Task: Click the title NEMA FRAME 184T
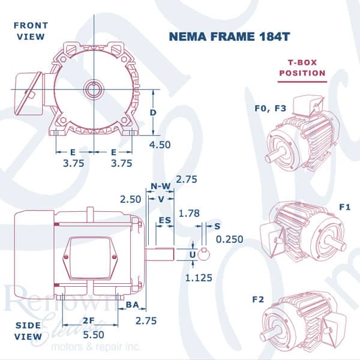[229, 37]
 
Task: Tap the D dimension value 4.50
[160, 145]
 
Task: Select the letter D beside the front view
[153, 113]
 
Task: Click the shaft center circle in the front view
[94, 89]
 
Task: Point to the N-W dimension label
[161, 186]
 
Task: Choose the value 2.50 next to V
[130, 199]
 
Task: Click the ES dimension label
[165, 220]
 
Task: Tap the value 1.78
[189, 214]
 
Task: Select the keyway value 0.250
[229, 239]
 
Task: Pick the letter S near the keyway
[217, 226]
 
